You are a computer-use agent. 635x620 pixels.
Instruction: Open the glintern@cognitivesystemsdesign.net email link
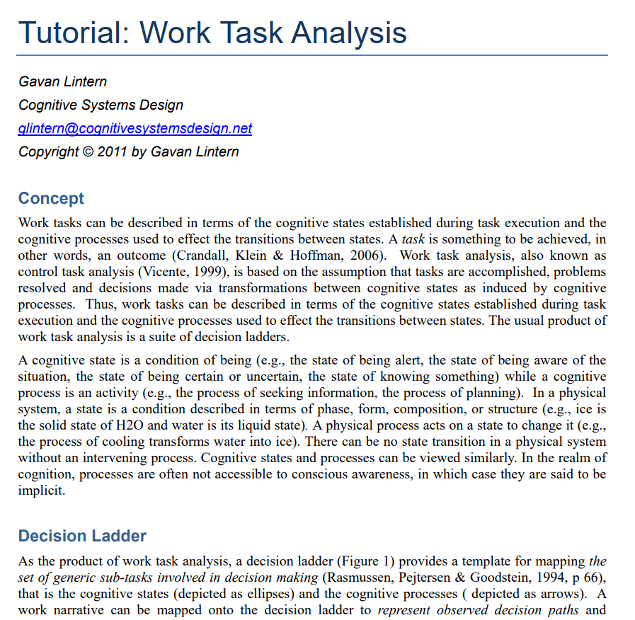coord(135,128)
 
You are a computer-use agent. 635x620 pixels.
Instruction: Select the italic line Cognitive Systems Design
coord(101,105)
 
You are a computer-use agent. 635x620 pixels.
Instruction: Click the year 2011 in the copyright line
coord(112,151)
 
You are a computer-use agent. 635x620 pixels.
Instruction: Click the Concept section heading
coord(51,198)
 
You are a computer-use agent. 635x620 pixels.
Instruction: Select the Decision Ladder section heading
coord(82,535)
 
